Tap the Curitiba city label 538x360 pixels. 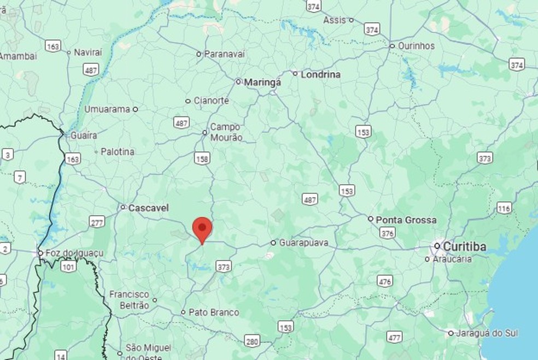tap(464, 247)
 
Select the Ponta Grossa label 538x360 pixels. tap(406, 220)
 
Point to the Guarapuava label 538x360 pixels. tap(304, 243)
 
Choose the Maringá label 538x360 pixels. tap(262, 82)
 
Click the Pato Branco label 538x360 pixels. tap(213, 312)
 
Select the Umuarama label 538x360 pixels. tap(107, 109)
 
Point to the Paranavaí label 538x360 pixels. tap(224, 54)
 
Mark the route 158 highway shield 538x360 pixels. tap(202, 158)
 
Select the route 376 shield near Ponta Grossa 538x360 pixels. tap(388, 233)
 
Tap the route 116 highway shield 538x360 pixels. tap(504, 208)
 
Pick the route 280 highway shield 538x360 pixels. tap(252, 342)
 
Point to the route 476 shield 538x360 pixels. tap(384, 281)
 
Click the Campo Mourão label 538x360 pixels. tap(226, 132)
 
